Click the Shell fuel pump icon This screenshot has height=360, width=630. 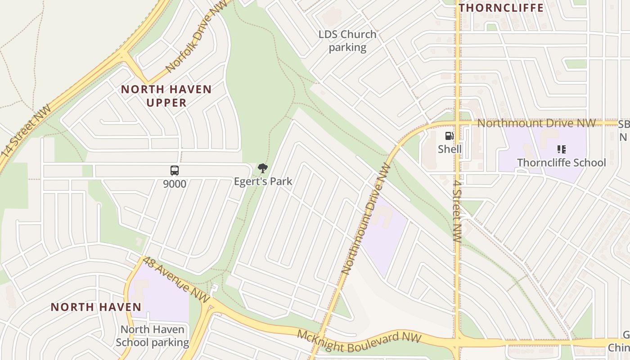pyautogui.click(x=449, y=136)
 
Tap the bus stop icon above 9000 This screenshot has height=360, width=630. pyautogui.click(x=175, y=171)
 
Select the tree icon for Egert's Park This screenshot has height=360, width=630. pyautogui.click(x=263, y=169)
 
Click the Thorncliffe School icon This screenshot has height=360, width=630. pyautogui.click(x=561, y=149)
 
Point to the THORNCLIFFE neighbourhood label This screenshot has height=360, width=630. pyautogui.click(x=501, y=8)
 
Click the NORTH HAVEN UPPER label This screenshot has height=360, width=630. pyautogui.click(x=166, y=96)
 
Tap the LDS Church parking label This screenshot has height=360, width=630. pyautogui.click(x=347, y=40)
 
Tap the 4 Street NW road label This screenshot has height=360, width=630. pyautogui.click(x=457, y=209)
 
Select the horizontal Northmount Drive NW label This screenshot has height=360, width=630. pyautogui.click(x=536, y=123)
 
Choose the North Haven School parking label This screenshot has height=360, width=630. pyautogui.click(x=152, y=336)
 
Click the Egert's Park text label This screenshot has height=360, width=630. pyautogui.click(x=263, y=181)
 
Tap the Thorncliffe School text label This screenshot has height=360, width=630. pyautogui.click(x=561, y=162)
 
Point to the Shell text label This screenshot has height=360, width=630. pyautogui.click(x=450, y=149)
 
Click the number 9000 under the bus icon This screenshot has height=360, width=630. pyautogui.click(x=175, y=184)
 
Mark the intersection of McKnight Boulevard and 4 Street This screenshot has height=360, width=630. pyautogui.click(x=457, y=342)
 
